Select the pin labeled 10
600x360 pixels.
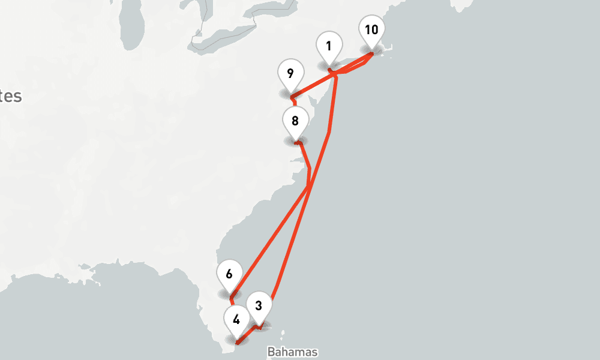[x=371, y=30]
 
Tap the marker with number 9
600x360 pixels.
[x=290, y=74]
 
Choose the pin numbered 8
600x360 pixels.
[x=295, y=121]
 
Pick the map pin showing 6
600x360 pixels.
[x=229, y=275]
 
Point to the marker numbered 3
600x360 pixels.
[x=259, y=305]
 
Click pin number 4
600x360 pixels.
[x=236, y=320]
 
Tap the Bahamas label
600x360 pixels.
[x=292, y=352]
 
